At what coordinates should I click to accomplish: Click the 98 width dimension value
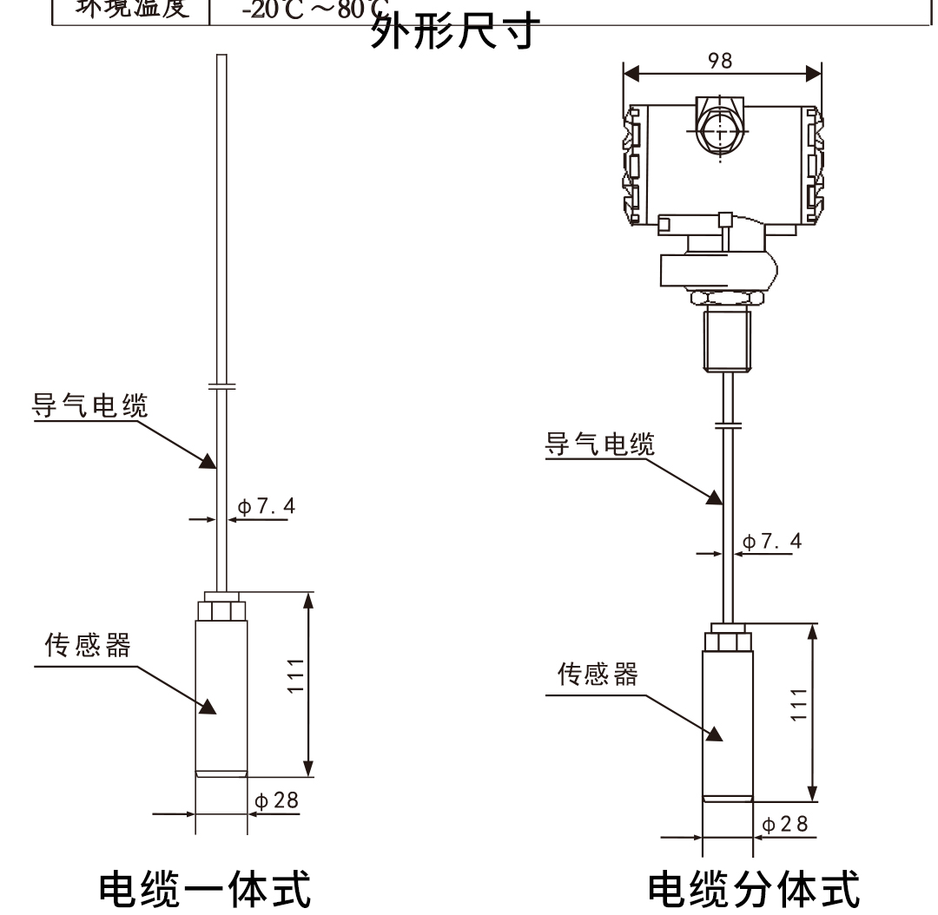click(720, 60)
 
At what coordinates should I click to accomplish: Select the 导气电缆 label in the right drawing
click(599, 444)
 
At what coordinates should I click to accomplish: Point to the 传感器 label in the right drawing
click(597, 675)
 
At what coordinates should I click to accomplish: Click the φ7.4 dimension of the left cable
click(266, 506)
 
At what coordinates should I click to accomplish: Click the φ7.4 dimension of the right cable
click(773, 542)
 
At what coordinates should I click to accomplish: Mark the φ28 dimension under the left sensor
click(277, 800)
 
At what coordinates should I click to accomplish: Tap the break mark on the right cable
click(725, 425)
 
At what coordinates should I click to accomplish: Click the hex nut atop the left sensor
click(221, 607)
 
